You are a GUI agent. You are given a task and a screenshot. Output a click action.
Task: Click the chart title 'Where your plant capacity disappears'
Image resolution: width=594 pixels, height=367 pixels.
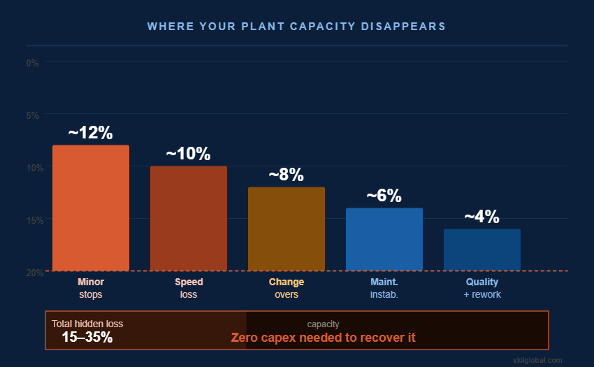pos(296,26)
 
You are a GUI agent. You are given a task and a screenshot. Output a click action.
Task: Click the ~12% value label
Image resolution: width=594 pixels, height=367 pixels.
pos(90,133)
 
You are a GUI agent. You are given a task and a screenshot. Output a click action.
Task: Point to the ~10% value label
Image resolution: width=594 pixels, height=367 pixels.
pos(188,154)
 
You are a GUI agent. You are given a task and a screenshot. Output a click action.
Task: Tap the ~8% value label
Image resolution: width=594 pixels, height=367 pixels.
pos(287,175)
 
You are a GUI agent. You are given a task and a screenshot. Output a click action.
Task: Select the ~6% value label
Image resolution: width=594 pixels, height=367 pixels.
pos(384,196)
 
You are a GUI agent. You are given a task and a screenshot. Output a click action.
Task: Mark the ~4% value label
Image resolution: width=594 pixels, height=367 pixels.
pos(482,217)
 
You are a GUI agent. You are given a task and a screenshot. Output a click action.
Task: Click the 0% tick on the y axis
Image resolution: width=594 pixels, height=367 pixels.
pos(32,63)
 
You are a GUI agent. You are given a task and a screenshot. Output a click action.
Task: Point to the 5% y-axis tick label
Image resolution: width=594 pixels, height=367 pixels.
pos(32,115)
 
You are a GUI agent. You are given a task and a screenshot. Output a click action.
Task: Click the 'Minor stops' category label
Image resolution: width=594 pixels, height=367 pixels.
pos(91,288)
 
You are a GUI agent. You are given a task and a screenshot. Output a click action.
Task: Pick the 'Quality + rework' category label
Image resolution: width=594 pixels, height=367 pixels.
pos(482,288)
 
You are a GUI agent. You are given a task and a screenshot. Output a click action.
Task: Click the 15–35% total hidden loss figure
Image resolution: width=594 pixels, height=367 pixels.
pos(87,337)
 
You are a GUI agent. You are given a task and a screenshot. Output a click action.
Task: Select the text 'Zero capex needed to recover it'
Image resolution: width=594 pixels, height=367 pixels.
pos(323,338)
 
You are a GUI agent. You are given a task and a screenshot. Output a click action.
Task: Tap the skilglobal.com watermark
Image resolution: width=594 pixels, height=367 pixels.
pos(537,360)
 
